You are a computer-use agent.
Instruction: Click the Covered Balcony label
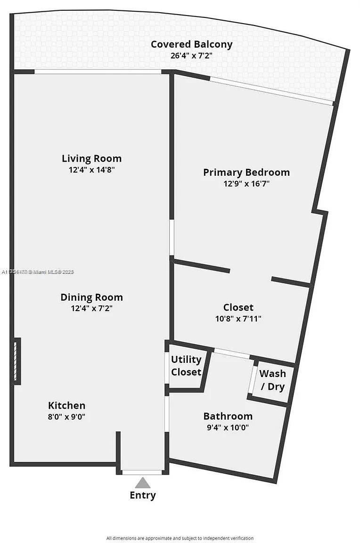191,45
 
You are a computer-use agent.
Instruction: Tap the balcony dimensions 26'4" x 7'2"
191,55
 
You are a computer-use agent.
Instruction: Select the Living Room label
91,158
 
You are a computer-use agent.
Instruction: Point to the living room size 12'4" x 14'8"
91,170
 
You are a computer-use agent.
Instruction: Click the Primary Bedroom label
246,173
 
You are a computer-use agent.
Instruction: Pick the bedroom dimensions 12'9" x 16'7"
246,184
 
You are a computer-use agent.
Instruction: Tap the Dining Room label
91,297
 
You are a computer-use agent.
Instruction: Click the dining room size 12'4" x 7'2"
91,309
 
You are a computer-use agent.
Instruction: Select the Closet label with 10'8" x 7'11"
238,308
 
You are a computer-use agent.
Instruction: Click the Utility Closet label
186,366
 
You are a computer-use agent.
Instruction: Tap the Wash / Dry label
272,380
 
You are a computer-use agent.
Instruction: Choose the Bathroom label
228,416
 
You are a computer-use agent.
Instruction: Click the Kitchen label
66,405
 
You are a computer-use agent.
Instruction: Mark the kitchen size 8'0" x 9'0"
66,417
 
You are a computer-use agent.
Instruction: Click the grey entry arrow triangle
142,483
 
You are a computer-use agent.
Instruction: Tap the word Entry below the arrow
142,495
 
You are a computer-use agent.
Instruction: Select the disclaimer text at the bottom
180,538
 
